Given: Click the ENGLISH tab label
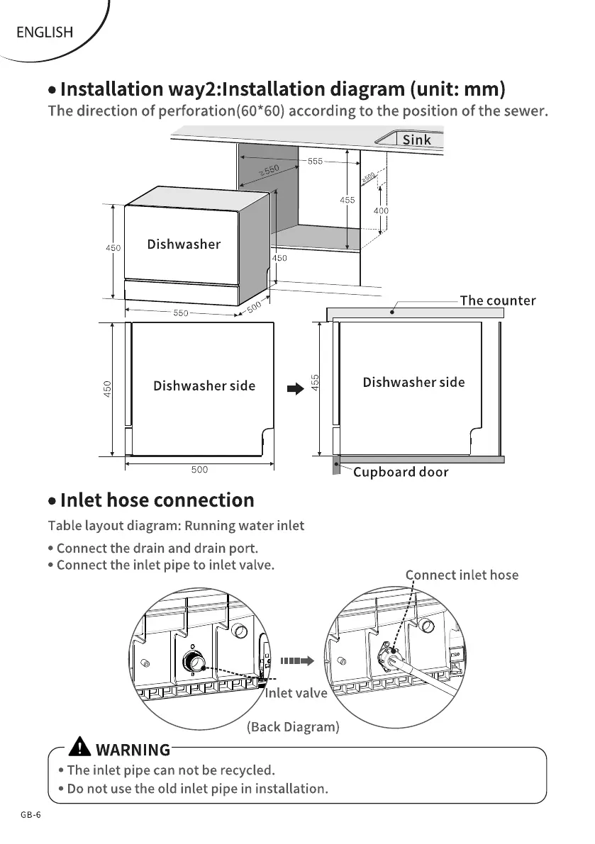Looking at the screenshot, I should pos(44,32).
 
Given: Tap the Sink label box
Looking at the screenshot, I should pos(416,140).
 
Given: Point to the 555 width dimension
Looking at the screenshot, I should pos(315,162).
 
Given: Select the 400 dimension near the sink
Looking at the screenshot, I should pos(381,210).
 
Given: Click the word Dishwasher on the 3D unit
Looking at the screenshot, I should pos(184,244).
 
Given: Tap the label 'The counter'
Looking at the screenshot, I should pos(498,300).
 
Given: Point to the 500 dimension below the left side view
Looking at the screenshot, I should pos(199,469).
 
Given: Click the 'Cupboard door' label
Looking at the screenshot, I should pos(401,472).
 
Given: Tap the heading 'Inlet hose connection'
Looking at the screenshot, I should pos(157,500).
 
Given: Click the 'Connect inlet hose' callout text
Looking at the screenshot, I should pos(462,575).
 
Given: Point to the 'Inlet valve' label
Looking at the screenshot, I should pos(296,692).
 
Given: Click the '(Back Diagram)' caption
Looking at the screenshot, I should pos(293,727).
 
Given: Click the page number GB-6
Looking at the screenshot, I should pos(30,815).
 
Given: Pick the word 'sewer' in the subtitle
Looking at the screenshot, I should pos(526,111).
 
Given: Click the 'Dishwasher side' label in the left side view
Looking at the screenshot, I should pos(204,386).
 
